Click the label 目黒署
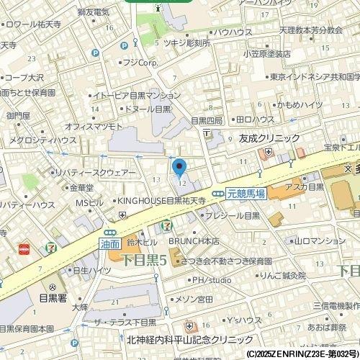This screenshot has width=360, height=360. pos(53,296)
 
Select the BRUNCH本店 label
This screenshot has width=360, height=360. pos(194,241)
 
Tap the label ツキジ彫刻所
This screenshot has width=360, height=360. pos(187,43)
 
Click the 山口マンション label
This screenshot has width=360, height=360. pos(320,241)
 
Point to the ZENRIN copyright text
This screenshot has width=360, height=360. pos(302,354)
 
